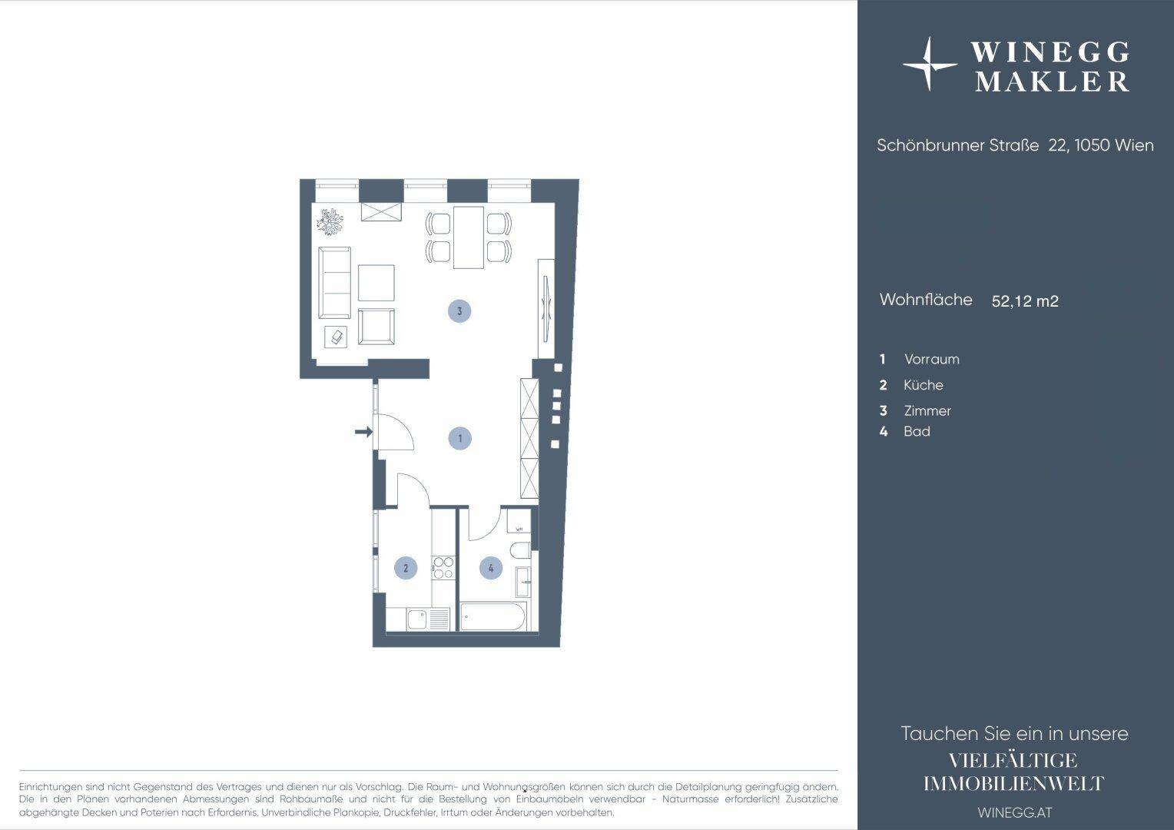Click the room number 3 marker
(459, 311)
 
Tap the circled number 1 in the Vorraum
(460, 438)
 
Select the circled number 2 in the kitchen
(406, 568)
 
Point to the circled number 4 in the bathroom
(491, 568)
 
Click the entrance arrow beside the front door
(363, 432)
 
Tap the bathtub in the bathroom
(492, 616)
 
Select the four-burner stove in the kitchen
(443, 568)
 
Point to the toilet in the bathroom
(521, 550)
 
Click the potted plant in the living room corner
(330, 221)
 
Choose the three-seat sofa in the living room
(334, 283)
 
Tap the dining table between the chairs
(469, 237)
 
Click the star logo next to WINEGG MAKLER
(929, 65)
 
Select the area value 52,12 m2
(1025, 301)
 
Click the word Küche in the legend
(924, 385)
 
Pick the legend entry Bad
(917, 431)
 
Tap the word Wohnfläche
(926, 300)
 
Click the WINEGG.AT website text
(1015, 812)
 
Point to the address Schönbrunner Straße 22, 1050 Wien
(1015, 145)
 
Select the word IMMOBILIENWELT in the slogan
(1014, 784)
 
